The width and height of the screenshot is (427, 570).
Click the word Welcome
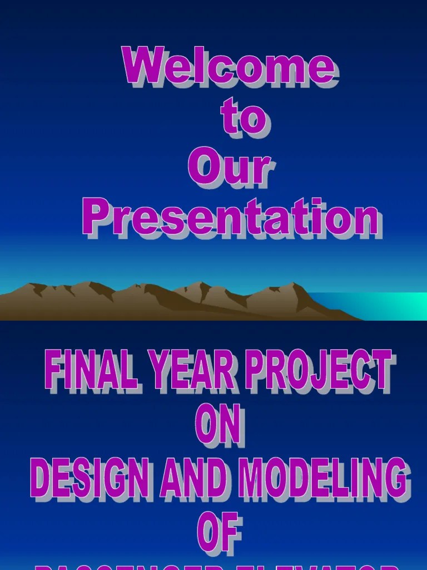pos(229,67)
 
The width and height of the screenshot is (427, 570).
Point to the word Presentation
pos(231,217)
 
